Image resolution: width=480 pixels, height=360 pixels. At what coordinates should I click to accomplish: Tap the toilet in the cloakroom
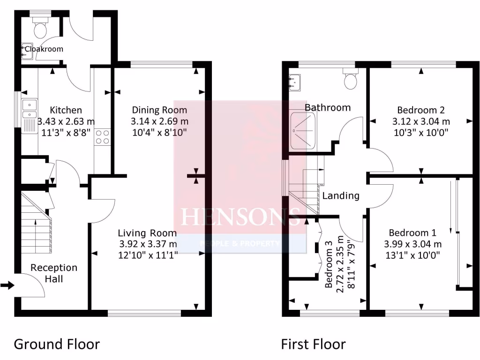(x=40, y=29)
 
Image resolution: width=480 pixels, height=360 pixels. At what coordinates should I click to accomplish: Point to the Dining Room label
(x=159, y=110)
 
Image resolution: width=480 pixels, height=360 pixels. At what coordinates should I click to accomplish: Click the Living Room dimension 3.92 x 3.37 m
(x=147, y=244)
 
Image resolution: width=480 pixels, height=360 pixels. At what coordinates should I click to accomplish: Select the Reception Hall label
(x=54, y=273)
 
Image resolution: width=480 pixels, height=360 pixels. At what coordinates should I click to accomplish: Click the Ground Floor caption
(x=57, y=345)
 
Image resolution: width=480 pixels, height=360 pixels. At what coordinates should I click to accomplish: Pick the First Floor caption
(x=313, y=345)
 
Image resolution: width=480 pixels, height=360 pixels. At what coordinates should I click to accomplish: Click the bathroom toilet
(x=350, y=80)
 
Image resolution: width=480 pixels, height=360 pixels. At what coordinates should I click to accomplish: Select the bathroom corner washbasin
(x=295, y=82)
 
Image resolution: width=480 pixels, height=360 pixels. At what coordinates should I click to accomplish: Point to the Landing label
(x=341, y=196)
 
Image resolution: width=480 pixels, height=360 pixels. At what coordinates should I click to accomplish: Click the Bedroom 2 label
(x=420, y=110)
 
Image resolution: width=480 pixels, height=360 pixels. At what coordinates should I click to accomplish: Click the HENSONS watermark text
(x=240, y=217)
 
